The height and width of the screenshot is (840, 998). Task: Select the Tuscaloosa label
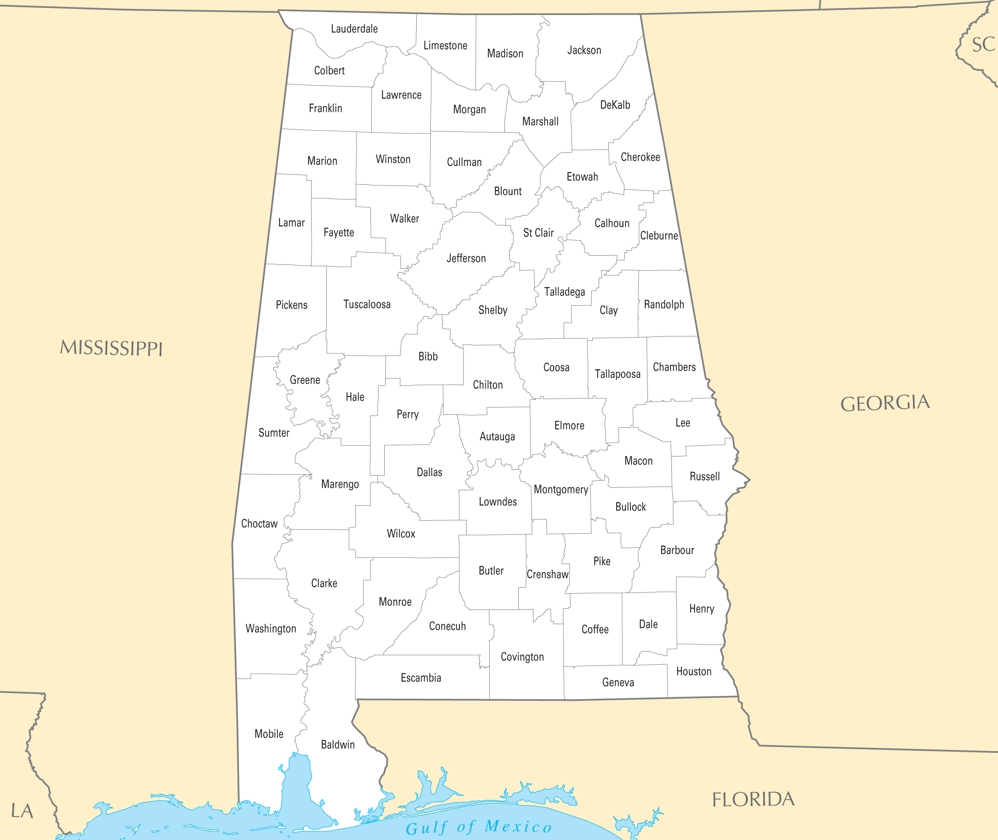366,304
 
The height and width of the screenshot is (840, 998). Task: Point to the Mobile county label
269,734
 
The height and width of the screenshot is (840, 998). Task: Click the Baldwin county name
338,744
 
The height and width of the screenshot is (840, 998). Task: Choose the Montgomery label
561,489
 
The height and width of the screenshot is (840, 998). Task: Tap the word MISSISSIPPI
111,348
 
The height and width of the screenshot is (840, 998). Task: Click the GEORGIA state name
885,403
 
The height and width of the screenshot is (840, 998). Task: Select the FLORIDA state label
753,799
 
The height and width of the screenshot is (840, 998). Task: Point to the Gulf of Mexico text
478,827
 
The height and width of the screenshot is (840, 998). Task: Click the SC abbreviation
983,45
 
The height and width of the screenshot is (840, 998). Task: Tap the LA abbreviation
22,811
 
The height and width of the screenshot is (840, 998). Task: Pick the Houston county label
693,672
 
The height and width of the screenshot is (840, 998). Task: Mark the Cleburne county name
659,236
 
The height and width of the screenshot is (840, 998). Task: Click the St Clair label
538,233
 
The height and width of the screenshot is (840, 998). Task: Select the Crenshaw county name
547,574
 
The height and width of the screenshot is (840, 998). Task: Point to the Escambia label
420,678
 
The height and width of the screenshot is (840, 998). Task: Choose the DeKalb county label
615,105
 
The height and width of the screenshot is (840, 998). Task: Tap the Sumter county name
274,433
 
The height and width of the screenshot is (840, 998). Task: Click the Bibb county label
427,356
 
